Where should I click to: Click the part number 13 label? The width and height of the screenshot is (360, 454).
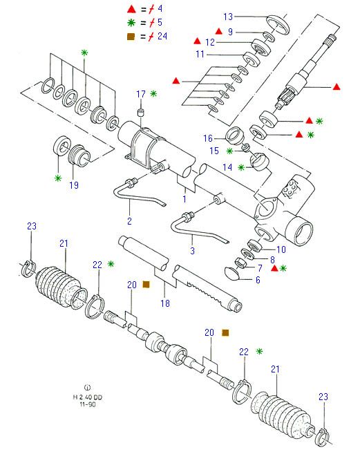click(228, 17)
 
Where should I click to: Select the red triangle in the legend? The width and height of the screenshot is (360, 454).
click(131, 9)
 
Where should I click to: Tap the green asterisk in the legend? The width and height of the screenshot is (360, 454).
click(131, 23)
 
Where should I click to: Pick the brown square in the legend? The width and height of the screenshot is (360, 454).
click(131, 37)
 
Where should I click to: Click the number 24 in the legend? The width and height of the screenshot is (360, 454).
click(162, 36)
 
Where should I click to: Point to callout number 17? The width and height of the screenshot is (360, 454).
click(141, 94)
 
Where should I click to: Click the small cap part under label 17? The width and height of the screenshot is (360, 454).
click(141, 112)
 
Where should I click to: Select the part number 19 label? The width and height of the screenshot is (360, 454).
click(74, 185)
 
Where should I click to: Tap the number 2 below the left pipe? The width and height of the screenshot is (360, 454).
click(129, 221)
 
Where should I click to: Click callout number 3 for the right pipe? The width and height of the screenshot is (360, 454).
click(193, 250)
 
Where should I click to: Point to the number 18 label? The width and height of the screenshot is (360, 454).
click(165, 303)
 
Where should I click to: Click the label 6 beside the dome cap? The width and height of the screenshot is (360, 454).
click(258, 280)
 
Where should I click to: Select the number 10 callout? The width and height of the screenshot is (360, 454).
click(281, 249)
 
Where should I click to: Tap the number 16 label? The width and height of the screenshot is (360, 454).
click(208, 138)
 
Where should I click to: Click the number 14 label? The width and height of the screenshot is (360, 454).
click(227, 167)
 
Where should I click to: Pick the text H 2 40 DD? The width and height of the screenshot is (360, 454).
click(88, 397)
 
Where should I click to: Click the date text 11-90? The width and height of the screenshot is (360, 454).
click(88, 404)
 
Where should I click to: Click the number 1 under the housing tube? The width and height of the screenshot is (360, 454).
click(184, 199)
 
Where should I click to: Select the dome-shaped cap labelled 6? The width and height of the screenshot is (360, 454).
click(231, 274)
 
